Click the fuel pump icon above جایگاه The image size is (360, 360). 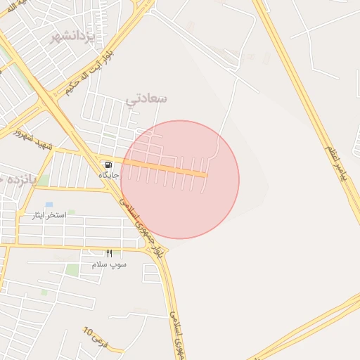[108, 165]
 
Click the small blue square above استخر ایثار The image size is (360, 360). [49, 205]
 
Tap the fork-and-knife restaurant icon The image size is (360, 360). [109, 253]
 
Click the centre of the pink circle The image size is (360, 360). [180, 180]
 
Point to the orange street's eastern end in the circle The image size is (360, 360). [205, 174]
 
